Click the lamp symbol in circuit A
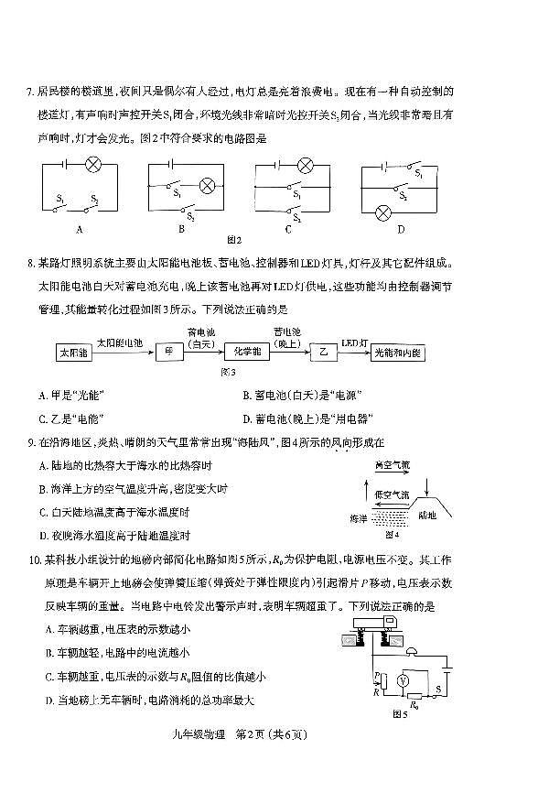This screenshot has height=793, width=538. (x=92, y=166)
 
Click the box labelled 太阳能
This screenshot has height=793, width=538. (x=71, y=353)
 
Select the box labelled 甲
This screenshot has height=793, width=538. (x=170, y=353)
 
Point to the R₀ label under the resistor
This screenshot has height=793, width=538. (x=414, y=705)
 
